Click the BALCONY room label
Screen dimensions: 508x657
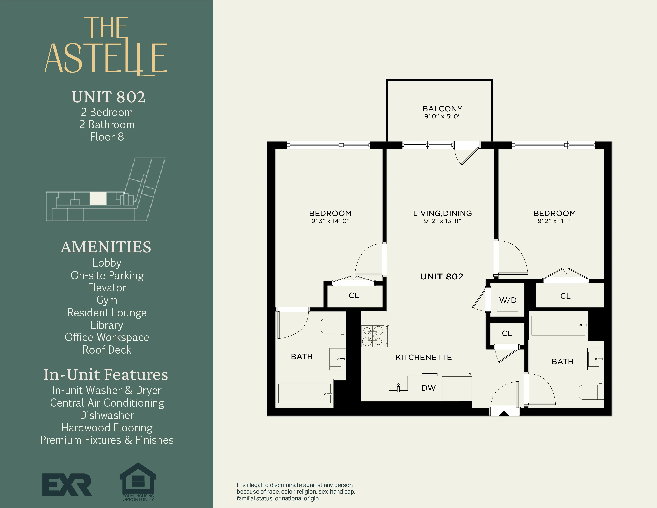tap(442, 109)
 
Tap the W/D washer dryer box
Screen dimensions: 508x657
tap(507, 300)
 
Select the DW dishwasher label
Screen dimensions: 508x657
tap(428, 388)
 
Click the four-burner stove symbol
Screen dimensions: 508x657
tap(373, 336)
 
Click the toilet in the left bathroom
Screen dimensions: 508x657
tap(333, 326)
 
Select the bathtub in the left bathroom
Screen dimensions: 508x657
tap(304, 393)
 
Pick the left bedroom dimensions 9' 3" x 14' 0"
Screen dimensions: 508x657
tap(330, 221)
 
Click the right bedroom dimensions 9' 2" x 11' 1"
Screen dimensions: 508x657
tap(554, 221)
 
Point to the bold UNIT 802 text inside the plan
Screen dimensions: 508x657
tap(442, 276)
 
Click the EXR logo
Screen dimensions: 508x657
tap(67, 484)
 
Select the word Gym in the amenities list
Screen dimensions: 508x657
tap(107, 300)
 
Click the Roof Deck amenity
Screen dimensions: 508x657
tap(107, 350)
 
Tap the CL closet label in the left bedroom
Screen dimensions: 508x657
tap(354, 295)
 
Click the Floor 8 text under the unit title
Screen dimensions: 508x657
tap(107, 137)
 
